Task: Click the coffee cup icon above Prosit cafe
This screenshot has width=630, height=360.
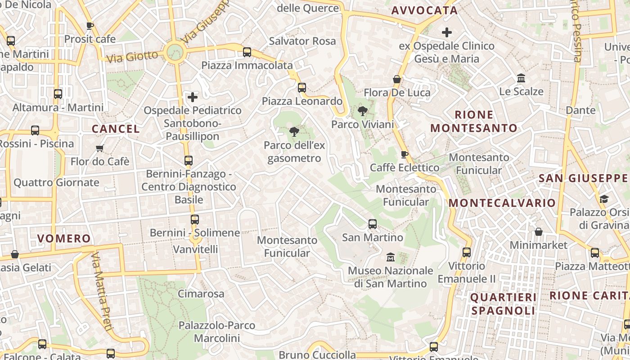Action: click(x=90, y=26)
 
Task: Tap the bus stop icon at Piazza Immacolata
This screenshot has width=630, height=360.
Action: click(x=247, y=52)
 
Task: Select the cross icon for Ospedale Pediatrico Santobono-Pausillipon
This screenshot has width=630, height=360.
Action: click(x=193, y=97)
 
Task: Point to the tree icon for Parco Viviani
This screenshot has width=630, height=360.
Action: click(x=362, y=111)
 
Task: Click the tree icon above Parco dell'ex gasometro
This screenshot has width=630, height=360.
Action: click(x=294, y=132)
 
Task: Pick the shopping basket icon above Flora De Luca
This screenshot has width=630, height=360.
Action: click(x=397, y=79)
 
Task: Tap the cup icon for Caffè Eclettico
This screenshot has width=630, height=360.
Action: click(x=405, y=154)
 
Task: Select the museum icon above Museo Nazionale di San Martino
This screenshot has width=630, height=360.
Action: click(x=390, y=257)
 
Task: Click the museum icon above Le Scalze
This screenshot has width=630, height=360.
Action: click(x=521, y=78)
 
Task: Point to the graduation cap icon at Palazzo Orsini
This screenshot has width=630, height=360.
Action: click(x=604, y=198)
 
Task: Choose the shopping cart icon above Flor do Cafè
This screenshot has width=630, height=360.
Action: click(x=100, y=148)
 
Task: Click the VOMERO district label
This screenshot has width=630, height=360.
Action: click(x=64, y=238)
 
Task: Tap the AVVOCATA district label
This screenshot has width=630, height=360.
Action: click(x=424, y=10)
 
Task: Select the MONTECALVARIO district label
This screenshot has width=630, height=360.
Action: click(x=502, y=203)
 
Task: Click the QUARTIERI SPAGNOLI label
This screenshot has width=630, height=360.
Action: click(x=504, y=304)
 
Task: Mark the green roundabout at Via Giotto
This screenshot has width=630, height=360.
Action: click(x=175, y=52)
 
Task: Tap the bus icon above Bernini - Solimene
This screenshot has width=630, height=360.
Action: click(x=194, y=219)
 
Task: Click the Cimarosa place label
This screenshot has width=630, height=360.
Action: click(x=201, y=294)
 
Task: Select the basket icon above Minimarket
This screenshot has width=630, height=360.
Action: click(x=539, y=232)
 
